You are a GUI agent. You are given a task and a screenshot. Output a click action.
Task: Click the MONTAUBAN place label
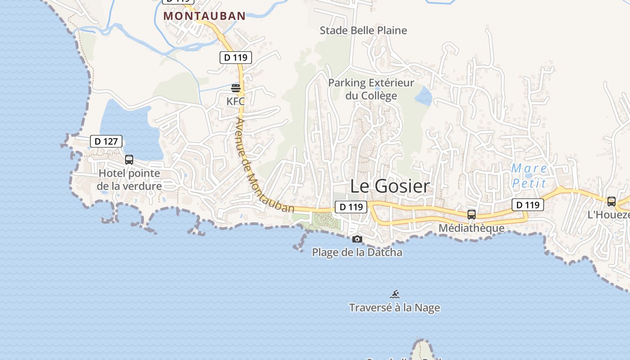coord(204,16)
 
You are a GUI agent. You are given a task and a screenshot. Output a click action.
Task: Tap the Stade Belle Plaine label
coord(363,31)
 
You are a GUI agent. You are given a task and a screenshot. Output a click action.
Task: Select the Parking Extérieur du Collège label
coord(371,89)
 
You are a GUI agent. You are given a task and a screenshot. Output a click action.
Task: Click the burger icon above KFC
coord(236,88)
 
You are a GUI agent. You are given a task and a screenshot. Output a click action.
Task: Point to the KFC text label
coord(236,101)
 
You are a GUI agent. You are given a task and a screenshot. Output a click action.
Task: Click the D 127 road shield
coord(106,141)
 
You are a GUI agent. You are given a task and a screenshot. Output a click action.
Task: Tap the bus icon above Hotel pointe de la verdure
coord(129,159)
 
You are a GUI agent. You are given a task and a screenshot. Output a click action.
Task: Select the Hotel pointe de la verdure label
coord(129,180)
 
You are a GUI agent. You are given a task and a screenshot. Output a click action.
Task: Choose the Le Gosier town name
coord(390,186)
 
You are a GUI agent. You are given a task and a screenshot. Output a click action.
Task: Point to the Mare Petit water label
coord(529,176)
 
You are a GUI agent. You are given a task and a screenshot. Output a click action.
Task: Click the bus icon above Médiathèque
coord(471,215)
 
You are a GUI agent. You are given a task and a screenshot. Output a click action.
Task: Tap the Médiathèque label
coord(471,228)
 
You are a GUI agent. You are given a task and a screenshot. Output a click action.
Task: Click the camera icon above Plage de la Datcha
coord(357,239)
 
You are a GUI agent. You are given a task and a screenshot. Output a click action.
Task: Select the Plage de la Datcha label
coord(357,252)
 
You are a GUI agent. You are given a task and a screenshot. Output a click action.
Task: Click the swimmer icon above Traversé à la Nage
coord(395,295)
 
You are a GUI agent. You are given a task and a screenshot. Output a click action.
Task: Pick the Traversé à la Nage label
coord(395,308)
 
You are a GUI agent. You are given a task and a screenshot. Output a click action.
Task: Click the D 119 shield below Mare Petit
coord(528,205)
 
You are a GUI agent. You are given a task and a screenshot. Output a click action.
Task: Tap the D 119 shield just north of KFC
coord(236,58)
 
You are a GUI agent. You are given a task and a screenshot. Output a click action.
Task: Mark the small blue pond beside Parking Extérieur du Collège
coord(423,96)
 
